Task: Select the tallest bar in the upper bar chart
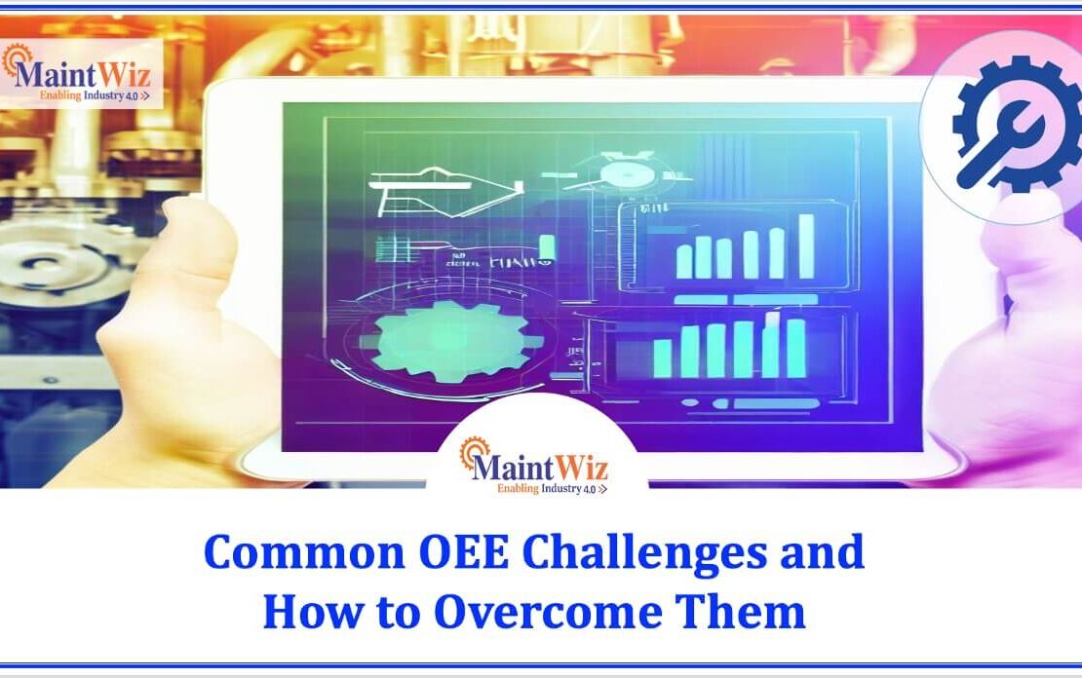pyautogui.click(x=807, y=245)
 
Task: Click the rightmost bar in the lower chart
pyautogui.click(x=796, y=348)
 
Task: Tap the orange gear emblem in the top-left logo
pyautogui.click(x=17, y=61)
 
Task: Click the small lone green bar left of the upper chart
pyautogui.click(x=548, y=247)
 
